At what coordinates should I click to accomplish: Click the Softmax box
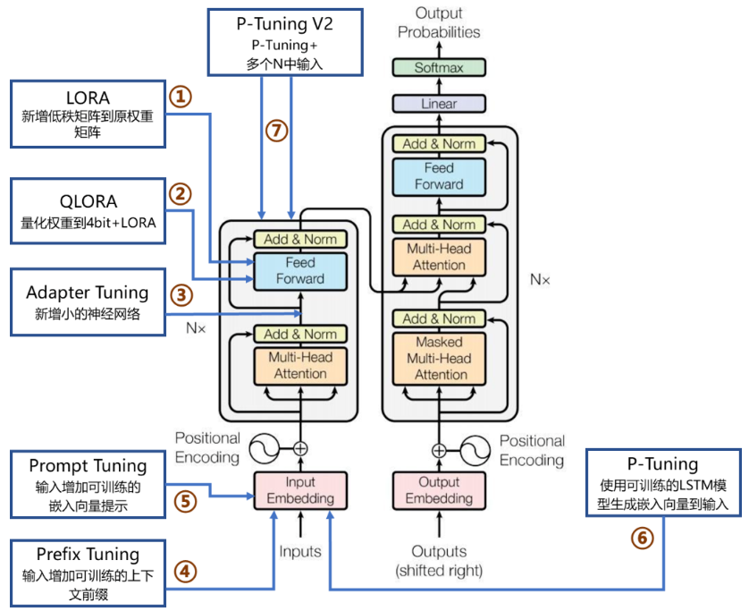click(439, 67)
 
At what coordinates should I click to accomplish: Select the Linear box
click(439, 104)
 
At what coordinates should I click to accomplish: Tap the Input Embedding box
click(300, 490)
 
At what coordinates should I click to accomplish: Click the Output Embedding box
click(439, 490)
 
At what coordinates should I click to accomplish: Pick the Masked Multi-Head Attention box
click(439, 359)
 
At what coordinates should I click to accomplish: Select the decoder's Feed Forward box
click(439, 177)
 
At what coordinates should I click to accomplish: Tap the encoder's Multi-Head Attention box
click(300, 366)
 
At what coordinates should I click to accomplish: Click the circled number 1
click(181, 97)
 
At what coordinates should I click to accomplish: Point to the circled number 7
click(276, 131)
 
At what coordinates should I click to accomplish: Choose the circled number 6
click(642, 539)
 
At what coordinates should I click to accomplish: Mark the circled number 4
click(185, 572)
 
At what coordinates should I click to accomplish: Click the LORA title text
click(88, 98)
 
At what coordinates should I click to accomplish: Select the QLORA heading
click(88, 202)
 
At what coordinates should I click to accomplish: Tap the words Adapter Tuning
click(88, 293)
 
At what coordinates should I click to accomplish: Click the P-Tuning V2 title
click(285, 24)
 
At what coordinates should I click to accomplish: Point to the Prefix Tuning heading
click(88, 555)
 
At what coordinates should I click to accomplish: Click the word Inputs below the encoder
click(300, 552)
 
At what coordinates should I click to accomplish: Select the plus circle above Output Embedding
click(439, 450)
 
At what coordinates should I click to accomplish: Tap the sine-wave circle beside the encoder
click(265, 448)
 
